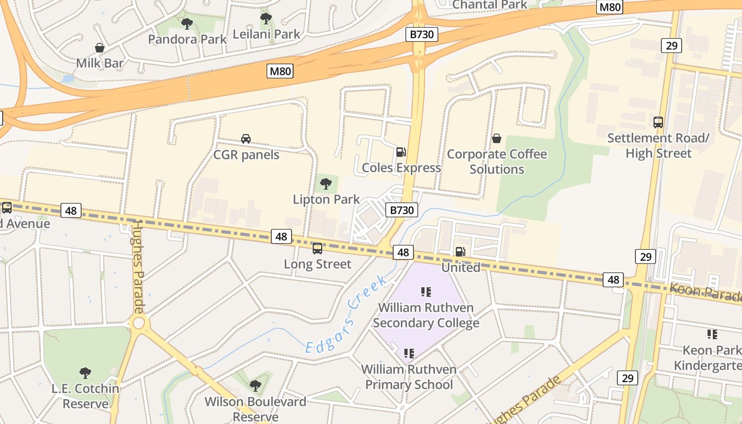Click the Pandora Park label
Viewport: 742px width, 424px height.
coord(187,39)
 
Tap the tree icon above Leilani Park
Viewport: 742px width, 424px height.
coord(266,19)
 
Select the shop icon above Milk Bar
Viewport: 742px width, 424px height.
coord(100,48)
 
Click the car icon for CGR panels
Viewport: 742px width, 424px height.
coord(246,139)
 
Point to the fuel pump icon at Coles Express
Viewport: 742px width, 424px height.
coord(401,152)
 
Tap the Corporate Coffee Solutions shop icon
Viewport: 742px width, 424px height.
coord(497,138)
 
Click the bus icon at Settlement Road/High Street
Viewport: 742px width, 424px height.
coord(658,122)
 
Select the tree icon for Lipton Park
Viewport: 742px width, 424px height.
coord(326,184)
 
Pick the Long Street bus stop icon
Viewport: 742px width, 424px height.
coord(317,248)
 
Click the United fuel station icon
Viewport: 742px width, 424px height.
coord(461,252)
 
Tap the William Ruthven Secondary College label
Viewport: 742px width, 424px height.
coord(426,315)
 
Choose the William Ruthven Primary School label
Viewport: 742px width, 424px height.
coord(409,377)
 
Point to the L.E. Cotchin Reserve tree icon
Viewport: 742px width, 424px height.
coord(85,373)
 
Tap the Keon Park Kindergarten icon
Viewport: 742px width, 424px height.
coord(712,334)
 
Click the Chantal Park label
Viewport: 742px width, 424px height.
coord(490,5)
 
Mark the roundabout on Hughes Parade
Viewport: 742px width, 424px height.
coord(139,323)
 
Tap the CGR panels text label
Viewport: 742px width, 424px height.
coord(246,155)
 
